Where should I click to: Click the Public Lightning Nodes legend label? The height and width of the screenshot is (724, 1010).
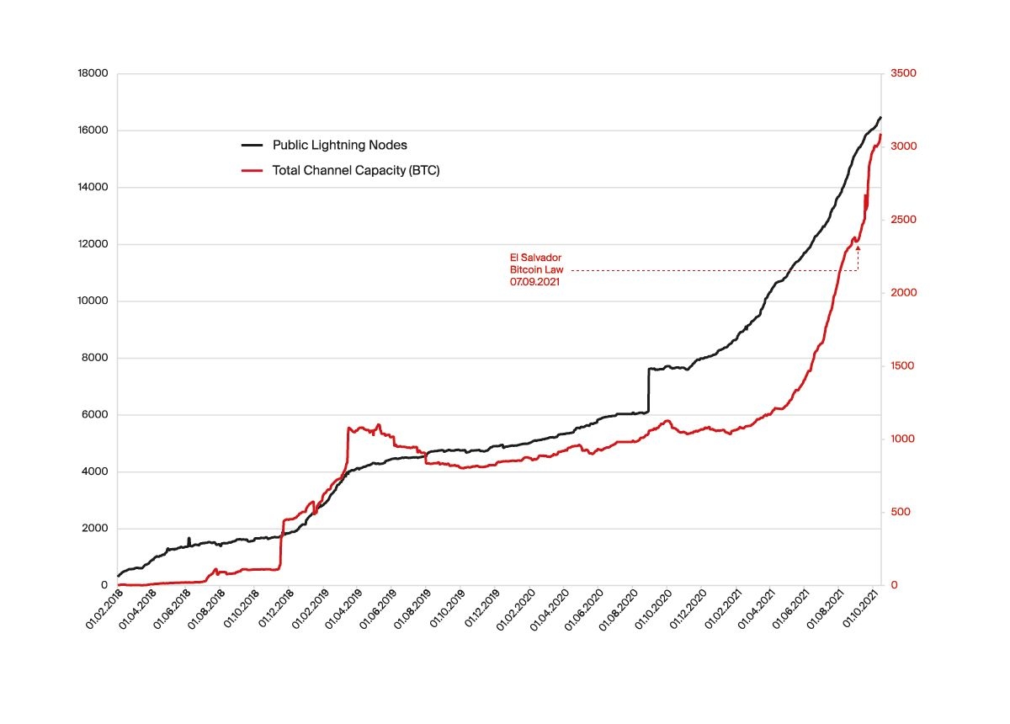[339, 145]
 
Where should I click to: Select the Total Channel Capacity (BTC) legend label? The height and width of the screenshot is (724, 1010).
[356, 170]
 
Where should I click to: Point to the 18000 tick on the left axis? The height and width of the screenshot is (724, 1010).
[93, 74]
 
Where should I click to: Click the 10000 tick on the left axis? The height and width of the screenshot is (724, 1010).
[93, 301]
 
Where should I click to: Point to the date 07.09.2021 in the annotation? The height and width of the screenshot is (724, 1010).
[534, 283]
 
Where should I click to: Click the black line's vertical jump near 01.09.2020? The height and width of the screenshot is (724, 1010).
[648, 390]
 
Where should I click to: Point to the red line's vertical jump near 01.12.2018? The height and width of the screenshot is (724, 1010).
[281, 544]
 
